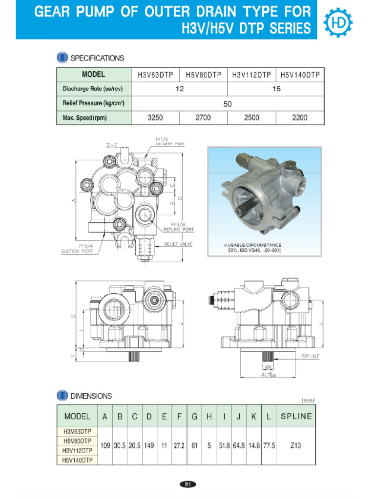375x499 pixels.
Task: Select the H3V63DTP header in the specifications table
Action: (156, 75)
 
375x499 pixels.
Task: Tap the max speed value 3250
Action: (155, 118)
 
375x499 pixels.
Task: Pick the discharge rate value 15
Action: (276, 89)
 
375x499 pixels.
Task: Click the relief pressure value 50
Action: (228, 104)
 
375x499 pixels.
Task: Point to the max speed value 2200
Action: (299, 118)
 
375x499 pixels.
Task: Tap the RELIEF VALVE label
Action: (178, 244)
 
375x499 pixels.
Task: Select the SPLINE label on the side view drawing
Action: (310, 356)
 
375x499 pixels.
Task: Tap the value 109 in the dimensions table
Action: (105, 446)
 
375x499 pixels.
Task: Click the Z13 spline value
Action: (294, 446)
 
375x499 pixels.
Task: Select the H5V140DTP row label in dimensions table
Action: (78, 460)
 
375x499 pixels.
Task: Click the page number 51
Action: (187, 484)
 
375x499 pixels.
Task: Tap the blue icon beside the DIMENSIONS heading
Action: (62, 396)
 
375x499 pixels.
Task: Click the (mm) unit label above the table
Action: (308, 401)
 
